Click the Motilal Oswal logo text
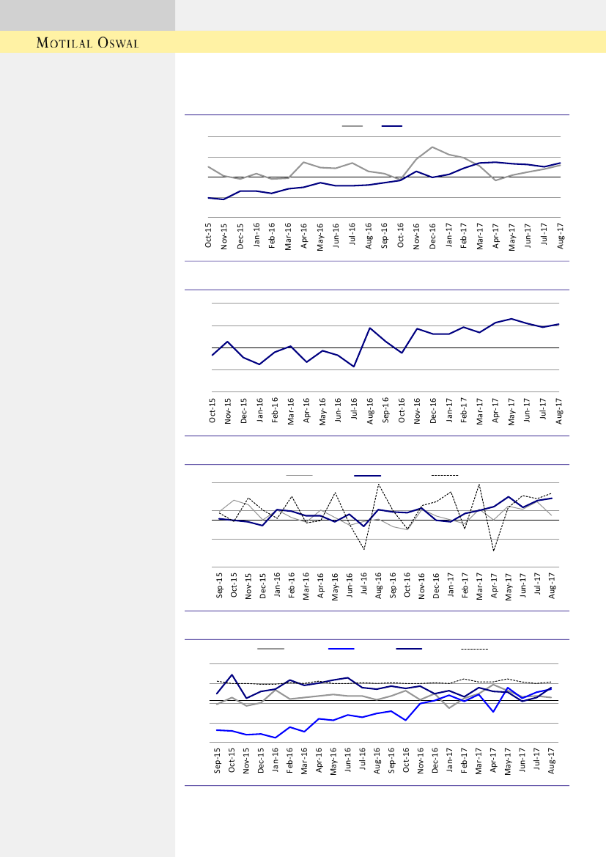click(88, 43)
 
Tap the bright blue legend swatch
click(341, 649)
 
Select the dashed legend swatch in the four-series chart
click(474, 649)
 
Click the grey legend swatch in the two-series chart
click(352, 126)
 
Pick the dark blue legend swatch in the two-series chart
click(392, 126)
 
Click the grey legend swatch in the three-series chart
click(299, 476)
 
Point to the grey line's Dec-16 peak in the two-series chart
click(432, 147)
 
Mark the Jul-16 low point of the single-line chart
click(354, 367)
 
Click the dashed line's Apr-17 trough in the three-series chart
click(494, 551)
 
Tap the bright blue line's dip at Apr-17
click(494, 712)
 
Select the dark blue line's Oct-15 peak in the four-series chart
click(232, 674)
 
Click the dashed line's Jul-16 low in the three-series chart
click(364, 549)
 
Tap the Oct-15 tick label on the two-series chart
click(209, 235)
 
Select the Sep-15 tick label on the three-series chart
click(220, 587)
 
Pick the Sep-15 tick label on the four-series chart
click(218, 760)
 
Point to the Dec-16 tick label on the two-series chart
click(432, 235)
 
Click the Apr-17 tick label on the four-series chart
click(494, 760)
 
